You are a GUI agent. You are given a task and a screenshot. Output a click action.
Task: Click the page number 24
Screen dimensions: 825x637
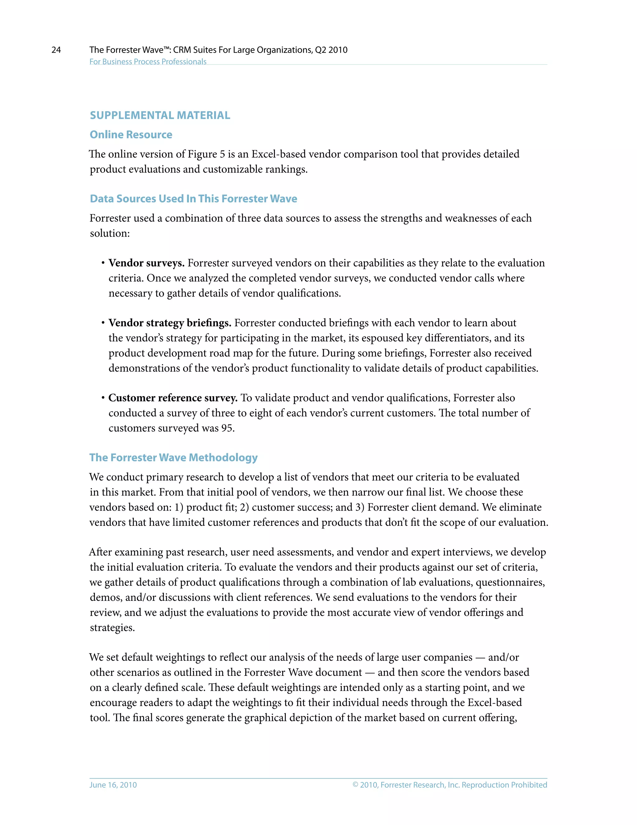pyautogui.click(x=56, y=50)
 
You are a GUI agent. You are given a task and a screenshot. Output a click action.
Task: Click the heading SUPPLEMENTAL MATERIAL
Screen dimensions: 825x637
pyautogui.click(x=160, y=115)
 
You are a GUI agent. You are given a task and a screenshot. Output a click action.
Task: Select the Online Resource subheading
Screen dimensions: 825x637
pyautogui.click(x=131, y=134)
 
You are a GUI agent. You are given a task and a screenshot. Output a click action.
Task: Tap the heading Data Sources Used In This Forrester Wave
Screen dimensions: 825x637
pyautogui.click(x=193, y=199)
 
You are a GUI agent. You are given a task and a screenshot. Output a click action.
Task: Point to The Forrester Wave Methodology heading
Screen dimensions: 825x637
pyautogui.click(x=173, y=457)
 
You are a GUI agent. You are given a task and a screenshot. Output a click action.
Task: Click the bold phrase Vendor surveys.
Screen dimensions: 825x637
pyautogui.click(x=146, y=263)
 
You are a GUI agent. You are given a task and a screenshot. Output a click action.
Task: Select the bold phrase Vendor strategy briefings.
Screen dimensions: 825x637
pyautogui.click(x=170, y=323)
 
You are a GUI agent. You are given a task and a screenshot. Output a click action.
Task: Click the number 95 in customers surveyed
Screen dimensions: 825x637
pyautogui.click(x=227, y=428)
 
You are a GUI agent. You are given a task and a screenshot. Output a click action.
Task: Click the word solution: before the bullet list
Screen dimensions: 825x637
pyautogui.click(x=109, y=233)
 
